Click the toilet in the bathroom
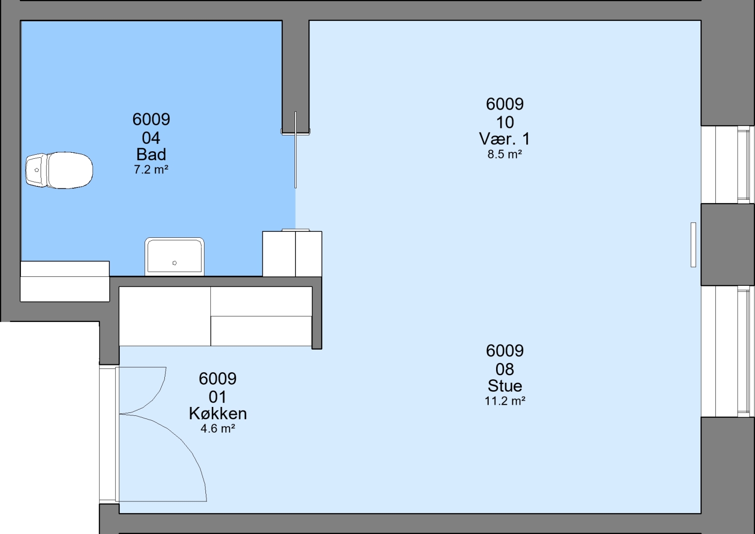(x=59, y=170)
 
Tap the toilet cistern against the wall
(x=36, y=170)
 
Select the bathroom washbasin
(x=175, y=257)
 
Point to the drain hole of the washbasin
(x=175, y=263)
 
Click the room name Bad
(x=151, y=155)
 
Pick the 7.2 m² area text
(x=151, y=170)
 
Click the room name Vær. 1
(x=504, y=139)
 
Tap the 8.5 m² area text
(x=504, y=154)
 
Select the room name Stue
(x=504, y=386)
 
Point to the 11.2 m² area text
(x=504, y=401)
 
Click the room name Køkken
(x=218, y=413)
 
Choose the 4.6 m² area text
(x=218, y=429)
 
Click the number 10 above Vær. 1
(x=505, y=123)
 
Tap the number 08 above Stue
(x=505, y=369)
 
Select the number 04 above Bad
(x=151, y=138)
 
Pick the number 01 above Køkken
(x=218, y=398)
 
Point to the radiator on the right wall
(x=693, y=245)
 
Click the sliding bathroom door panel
(x=296, y=150)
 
